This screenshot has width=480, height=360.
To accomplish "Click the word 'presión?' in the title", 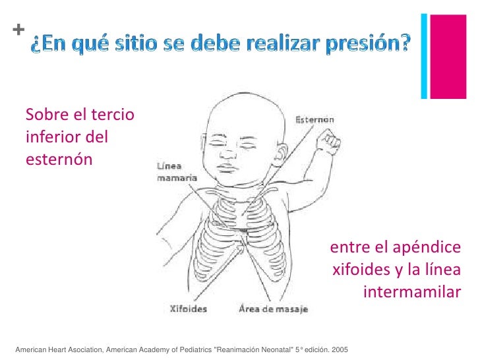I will pos(369,44).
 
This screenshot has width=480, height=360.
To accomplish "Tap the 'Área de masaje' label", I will pos(272,308).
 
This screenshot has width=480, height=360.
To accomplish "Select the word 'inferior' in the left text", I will pos(52,138).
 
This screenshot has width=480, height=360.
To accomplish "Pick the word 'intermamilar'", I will pos(411,291).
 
